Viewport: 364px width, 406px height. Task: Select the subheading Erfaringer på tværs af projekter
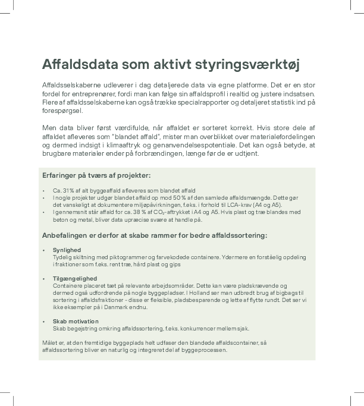[x=96, y=175]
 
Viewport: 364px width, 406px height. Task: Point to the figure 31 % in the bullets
[x=67, y=190]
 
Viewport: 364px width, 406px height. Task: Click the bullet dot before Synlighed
[x=44, y=250]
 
